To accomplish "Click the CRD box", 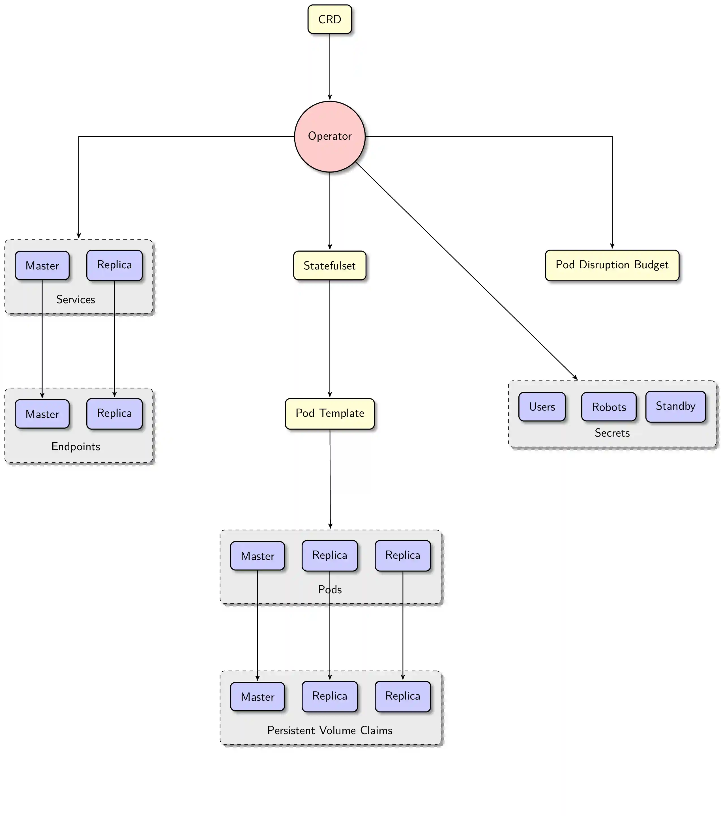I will (329, 19).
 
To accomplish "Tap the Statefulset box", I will (329, 265).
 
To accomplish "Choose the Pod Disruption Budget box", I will (612, 265).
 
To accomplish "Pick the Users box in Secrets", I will (542, 407).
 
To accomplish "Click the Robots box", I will (609, 407).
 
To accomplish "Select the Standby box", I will (675, 406).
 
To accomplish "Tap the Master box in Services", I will (42, 265).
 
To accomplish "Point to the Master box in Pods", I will (257, 556).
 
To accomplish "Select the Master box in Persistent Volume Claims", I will (257, 697).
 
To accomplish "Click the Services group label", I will (76, 299).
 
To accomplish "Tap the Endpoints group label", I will (76, 446).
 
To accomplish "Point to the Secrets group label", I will (612, 433).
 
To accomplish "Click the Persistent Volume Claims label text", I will (329, 730).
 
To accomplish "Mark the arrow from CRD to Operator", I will (329, 66).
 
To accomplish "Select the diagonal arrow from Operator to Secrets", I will (467, 271).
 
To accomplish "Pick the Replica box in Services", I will (114, 265).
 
